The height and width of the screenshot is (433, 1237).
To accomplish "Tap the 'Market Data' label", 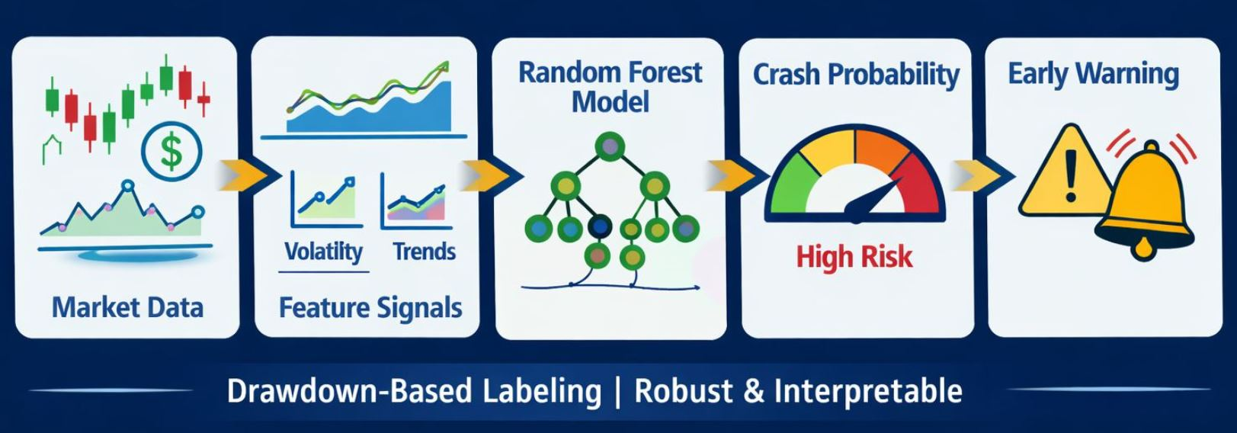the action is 127,307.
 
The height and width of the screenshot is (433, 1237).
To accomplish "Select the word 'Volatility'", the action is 323,252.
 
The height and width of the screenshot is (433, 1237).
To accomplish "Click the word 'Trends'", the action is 424,252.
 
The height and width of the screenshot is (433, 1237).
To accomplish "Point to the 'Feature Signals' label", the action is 370,308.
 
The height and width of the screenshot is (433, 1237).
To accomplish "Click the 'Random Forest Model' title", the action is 610,87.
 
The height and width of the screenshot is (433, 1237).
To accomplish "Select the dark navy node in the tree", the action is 600,226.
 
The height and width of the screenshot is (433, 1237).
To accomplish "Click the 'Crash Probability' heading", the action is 856,75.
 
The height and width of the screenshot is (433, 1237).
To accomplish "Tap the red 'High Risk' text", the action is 854,257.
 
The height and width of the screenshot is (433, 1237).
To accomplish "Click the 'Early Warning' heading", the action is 1093,74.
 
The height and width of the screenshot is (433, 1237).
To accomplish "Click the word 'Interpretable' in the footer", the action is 868,391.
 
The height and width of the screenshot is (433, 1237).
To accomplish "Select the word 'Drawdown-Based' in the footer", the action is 348,391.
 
